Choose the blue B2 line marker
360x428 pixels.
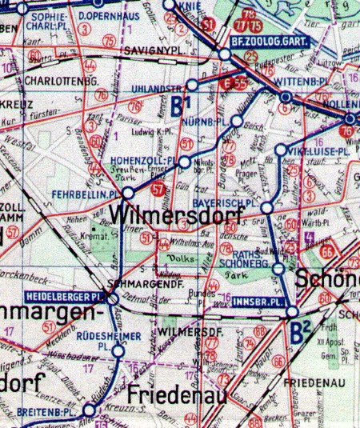tap(300, 329)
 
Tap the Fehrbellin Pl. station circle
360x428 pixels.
tap(126, 193)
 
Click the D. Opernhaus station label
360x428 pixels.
tap(106, 16)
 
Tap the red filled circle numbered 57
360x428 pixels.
tap(158, 189)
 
